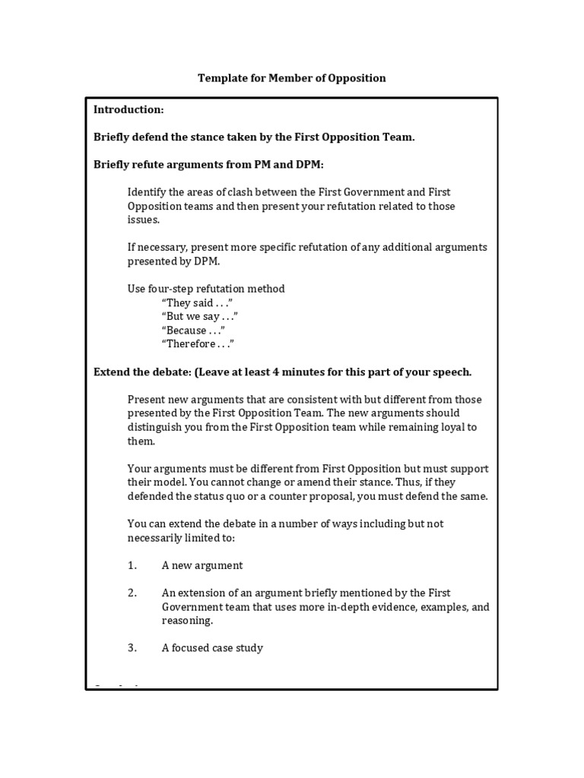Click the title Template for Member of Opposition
tap(292, 78)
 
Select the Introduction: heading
tap(129, 110)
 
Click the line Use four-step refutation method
tap(206, 289)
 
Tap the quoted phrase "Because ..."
tap(193, 330)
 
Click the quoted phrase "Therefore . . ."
tap(198, 344)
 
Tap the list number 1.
tap(132, 565)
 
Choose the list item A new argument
tap(202, 565)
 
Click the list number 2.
tap(132, 593)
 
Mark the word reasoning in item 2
tap(186, 621)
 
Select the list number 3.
tap(132, 648)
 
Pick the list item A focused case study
tap(212, 648)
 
